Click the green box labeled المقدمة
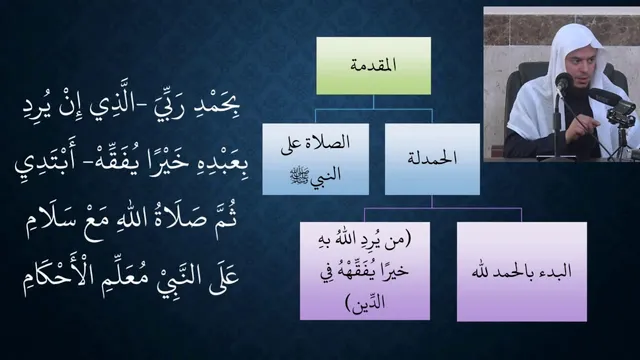coord(373,66)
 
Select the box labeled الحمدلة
coord(432,159)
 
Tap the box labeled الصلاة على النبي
coord(316,159)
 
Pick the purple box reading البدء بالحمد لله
coord(522,271)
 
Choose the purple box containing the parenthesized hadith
coord(365,271)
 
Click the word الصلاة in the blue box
coord(330,142)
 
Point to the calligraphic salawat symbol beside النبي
coord(300,176)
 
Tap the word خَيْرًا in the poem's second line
coord(155,162)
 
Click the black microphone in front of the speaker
coord(564,82)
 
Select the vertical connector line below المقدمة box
coord(373,102)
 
